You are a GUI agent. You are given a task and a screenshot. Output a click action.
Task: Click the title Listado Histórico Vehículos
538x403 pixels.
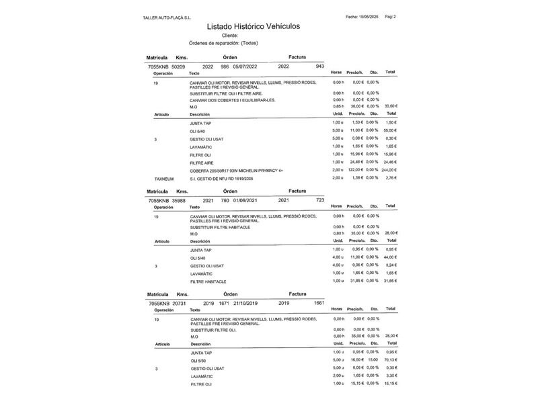click(x=254, y=26)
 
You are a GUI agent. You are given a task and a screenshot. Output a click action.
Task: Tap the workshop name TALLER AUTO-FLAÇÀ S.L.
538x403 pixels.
click(x=167, y=17)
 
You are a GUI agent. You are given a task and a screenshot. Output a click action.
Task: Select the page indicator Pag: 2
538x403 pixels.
click(x=391, y=16)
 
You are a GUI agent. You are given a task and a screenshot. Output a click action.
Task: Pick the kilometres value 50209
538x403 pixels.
click(x=179, y=67)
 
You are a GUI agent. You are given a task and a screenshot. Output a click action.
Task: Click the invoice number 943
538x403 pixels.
click(x=319, y=66)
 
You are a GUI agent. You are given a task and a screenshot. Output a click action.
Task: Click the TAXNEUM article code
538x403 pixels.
click(x=164, y=179)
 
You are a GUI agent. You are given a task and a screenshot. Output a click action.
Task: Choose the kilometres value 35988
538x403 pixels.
click(x=179, y=200)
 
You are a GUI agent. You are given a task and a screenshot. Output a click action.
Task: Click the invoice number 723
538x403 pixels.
click(x=320, y=199)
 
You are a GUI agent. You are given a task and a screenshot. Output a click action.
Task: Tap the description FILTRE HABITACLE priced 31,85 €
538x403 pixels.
click(x=208, y=281)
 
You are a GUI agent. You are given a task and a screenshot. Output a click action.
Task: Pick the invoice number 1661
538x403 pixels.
click(x=319, y=303)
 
